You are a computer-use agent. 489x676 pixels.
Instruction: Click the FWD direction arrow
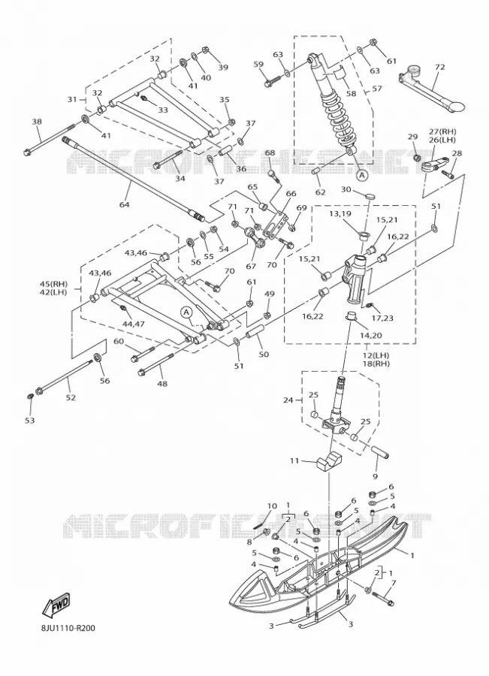(x=56, y=604)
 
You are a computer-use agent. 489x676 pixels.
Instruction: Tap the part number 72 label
(x=440, y=68)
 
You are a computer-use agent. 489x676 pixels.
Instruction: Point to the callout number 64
(x=124, y=204)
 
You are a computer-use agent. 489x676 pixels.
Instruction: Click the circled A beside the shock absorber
(x=362, y=175)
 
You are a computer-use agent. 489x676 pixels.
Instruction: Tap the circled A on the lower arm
(x=186, y=312)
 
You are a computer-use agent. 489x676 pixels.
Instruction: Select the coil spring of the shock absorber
(x=338, y=116)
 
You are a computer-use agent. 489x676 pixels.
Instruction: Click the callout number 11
(x=294, y=461)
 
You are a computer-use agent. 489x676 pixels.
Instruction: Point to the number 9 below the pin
(x=375, y=476)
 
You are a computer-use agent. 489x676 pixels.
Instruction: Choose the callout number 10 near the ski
(x=272, y=505)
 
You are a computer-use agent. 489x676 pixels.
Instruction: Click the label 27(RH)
(x=442, y=131)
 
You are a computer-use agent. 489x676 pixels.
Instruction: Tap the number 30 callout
(x=346, y=189)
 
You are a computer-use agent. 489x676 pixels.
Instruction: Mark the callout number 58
(x=351, y=93)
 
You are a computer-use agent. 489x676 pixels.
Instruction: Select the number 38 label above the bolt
(x=37, y=122)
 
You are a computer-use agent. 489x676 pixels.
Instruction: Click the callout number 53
(x=29, y=420)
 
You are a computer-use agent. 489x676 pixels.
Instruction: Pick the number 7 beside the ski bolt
(x=393, y=584)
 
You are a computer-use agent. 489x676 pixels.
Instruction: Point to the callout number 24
(x=288, y=400)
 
